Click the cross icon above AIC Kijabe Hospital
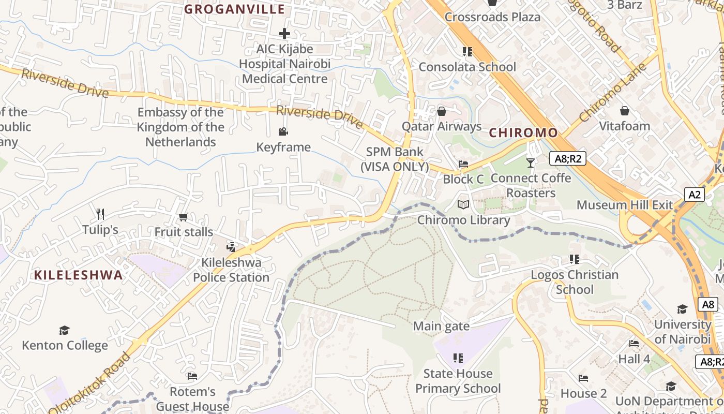click(x=284, y=34)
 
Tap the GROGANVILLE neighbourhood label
click(x=235, y=9)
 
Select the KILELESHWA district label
click(x=79, y=275)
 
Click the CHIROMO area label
click(x=523, y=133)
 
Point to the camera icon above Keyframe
click(x=283, y=132)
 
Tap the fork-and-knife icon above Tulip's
click(x=100, y=214)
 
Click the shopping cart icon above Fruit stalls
click(x=183, y=217)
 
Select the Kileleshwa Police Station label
click(x=231, y=270)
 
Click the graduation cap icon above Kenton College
click(x=64, y=330)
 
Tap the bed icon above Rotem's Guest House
click(x=192, y=376)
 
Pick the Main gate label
click(x=441, y=327)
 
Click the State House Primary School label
click(x=458, y=381)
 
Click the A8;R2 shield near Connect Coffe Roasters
click(x=567, y=159)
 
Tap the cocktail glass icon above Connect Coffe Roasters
click(x=531, y=163)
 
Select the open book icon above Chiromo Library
click(x=463, y=205)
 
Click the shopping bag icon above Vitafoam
click(x=625, y=111)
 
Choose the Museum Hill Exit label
click(x=625, y=205)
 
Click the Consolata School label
click(x=467, y=67)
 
